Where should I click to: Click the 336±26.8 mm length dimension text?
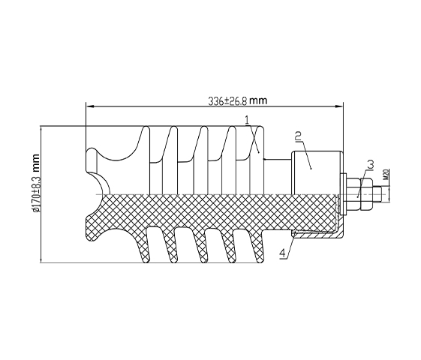pos(238,100)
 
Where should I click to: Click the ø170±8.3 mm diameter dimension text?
pos(35,184)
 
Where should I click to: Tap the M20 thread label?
pos(386,174)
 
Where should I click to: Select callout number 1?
pos(247,120)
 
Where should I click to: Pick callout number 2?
pos(298,136)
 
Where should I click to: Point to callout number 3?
pos(370,165)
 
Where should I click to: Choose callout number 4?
pos(283,253)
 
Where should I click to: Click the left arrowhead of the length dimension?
pos(89,106)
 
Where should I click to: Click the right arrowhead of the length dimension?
pos(339,106)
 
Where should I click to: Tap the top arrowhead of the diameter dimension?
pos(41,130)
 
